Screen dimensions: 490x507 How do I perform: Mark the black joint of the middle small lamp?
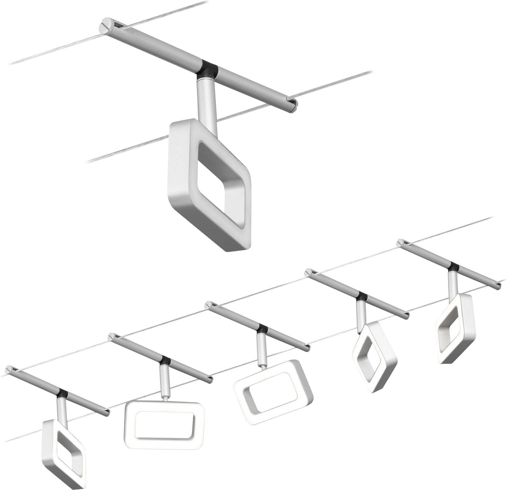[262, 329]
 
